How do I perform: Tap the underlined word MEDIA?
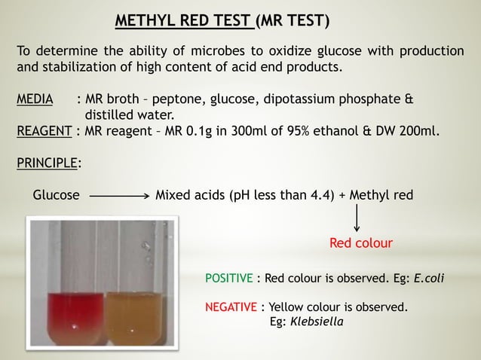click(x=35, y=100)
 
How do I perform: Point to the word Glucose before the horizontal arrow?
click(x=56, y=196)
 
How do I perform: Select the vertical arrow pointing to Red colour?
click(x=357, y=219)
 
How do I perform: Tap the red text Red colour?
click(x=361, y=244)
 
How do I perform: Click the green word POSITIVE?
click(x=229, y=278)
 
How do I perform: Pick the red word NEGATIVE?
click(x=231, y=307)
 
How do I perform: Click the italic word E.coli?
click(x=427, y=278)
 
